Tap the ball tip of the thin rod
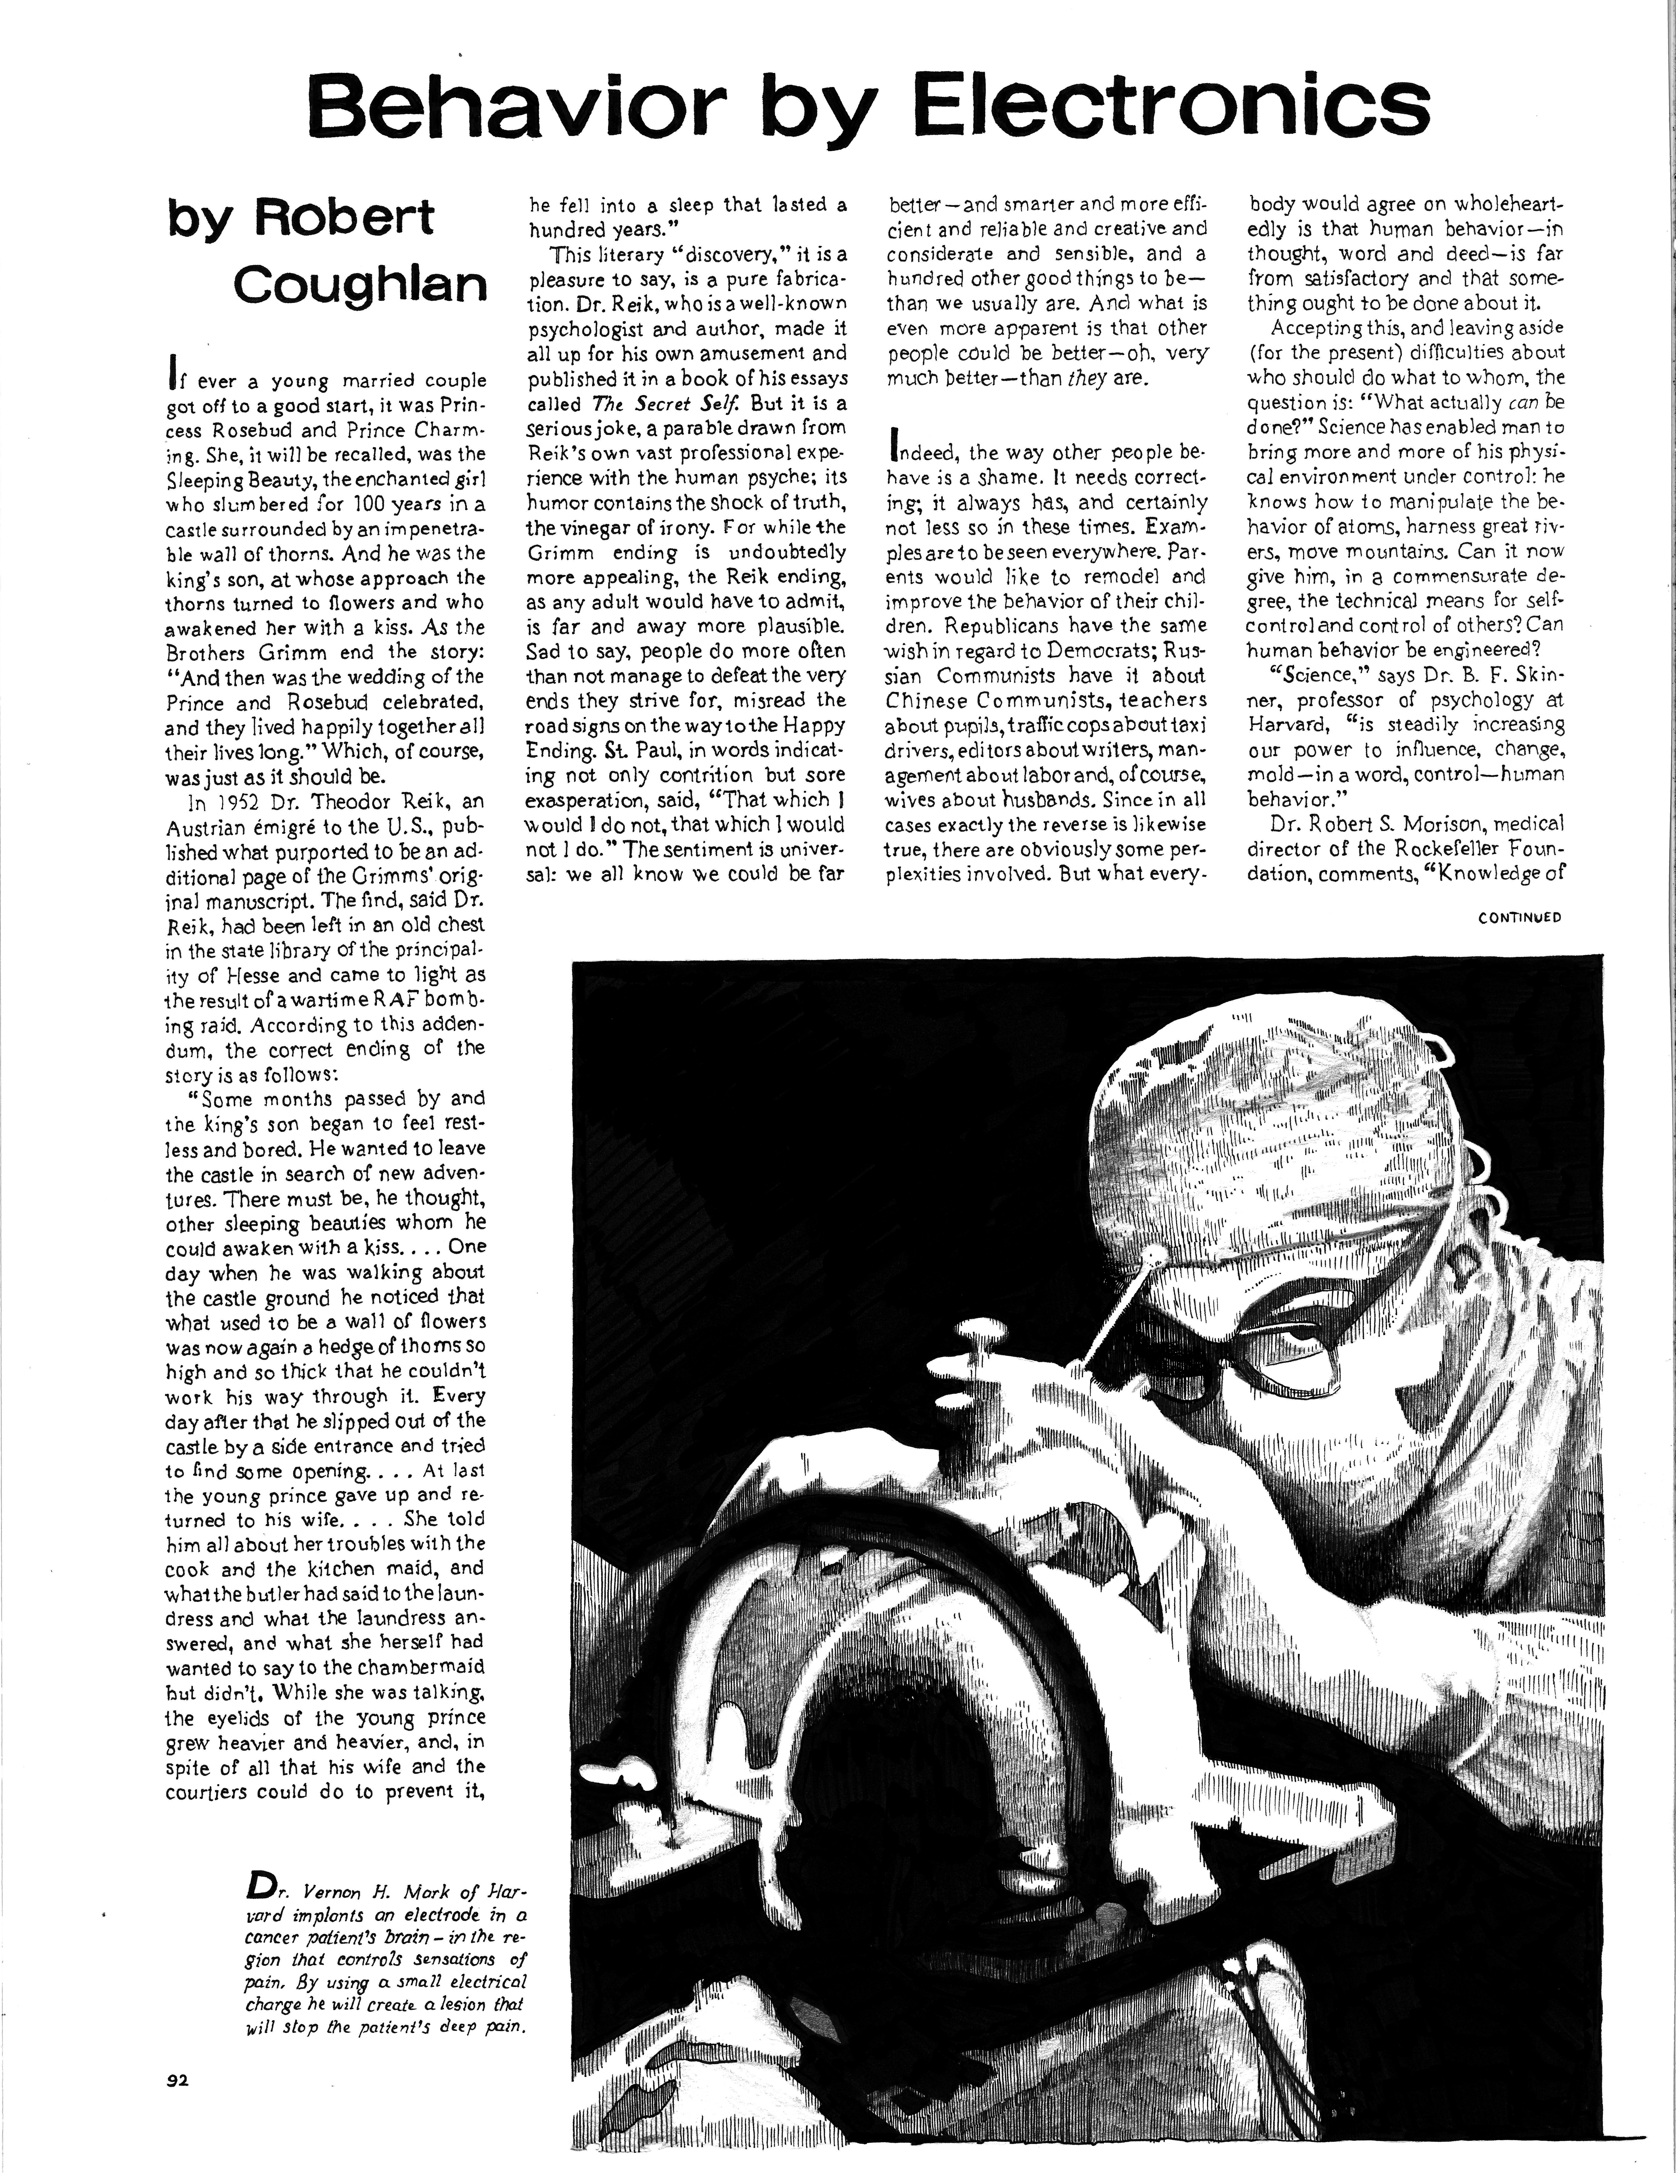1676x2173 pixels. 1153,1261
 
